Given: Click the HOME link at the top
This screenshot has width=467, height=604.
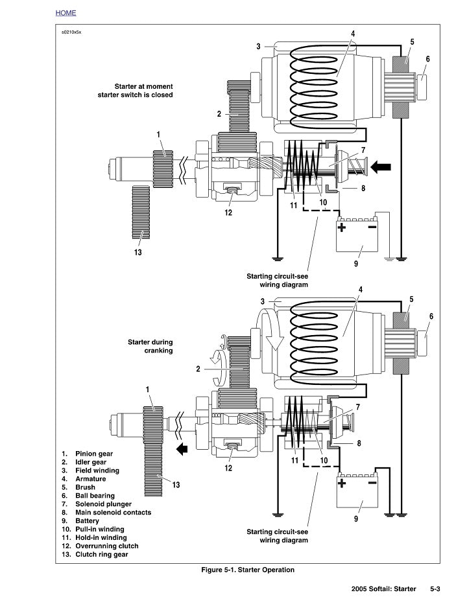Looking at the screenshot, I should (x=66, y=12).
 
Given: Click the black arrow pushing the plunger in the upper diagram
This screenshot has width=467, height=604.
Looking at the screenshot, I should (x=381, y=167).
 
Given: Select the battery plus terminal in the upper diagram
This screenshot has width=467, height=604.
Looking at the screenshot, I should (x=342, y=227).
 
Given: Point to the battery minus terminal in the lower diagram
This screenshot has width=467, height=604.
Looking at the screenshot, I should (x=372, y=483).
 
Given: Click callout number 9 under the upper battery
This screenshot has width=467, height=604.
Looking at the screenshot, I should (x=355, y=264).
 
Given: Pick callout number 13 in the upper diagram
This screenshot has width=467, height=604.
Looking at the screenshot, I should (x=138, y=253).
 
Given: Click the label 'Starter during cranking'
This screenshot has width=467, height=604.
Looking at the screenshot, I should (x=150, y=346).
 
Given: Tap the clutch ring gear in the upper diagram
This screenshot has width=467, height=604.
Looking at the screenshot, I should (x=141, y=211).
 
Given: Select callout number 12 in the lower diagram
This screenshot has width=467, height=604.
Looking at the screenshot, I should (x=228, y=468).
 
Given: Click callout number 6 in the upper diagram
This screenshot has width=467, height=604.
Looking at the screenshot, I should (x=427, y=58).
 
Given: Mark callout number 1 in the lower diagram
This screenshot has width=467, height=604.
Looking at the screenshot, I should (x=148, y=389).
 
